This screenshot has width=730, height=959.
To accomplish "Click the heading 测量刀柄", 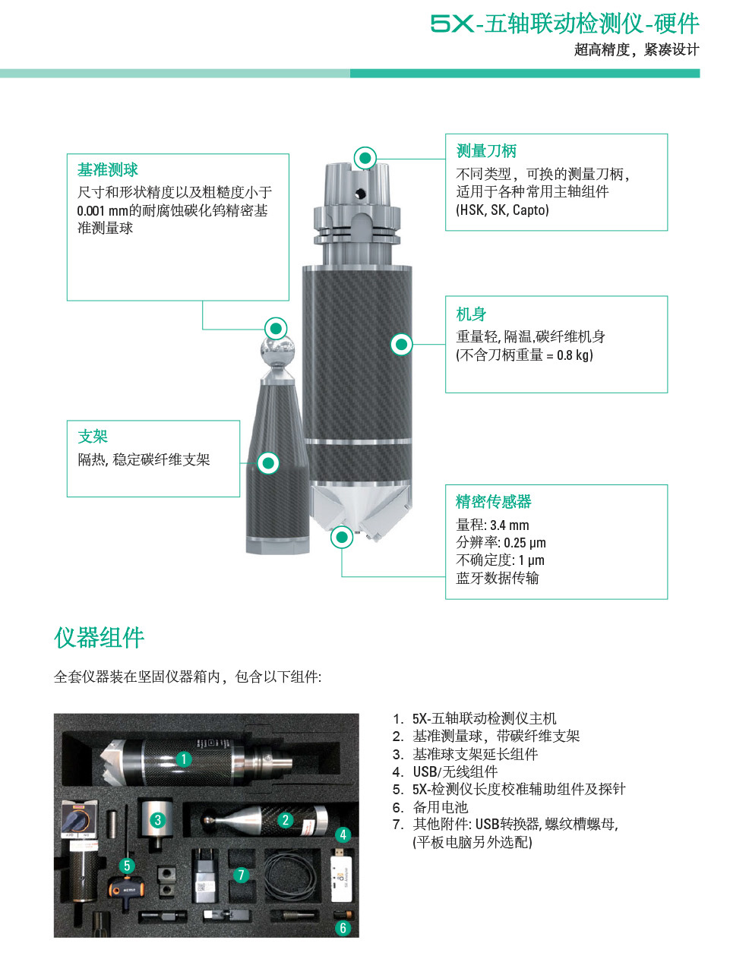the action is [x=486, y=151].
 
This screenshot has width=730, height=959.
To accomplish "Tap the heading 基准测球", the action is [x=108, y=169].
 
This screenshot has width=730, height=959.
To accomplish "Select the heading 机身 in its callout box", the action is [x=471, y=314].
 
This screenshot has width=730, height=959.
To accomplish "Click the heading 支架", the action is [x=93, y=436].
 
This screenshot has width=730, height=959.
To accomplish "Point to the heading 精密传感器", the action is [x=494, y=501].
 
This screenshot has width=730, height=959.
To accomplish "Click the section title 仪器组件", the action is [x=99, y=638].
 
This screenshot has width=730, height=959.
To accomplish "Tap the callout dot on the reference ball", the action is [x=276, y=328].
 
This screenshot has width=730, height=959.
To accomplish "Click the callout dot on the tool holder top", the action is [x=365, y=158].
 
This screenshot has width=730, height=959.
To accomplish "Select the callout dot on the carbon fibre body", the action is [x=401, y=344].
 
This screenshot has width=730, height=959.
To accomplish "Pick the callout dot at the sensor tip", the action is [x=342, y=537].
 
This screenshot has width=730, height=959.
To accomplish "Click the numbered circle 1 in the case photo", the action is [x=184, y=759].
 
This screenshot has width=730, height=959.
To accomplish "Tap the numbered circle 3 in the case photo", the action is [x=158, y=819].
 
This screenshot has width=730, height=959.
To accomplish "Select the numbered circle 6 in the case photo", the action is [x=343, y=928].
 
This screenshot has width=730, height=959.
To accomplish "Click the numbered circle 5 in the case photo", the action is [x=127, y=866].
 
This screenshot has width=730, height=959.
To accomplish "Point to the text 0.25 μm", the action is [x=525, y=543].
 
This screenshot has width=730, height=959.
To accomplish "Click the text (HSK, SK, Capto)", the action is [x=502, y=210].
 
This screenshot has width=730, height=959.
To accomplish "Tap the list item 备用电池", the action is [x=440, y=807].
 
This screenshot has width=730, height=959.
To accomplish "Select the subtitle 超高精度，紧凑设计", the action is [x=637, y=50].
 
